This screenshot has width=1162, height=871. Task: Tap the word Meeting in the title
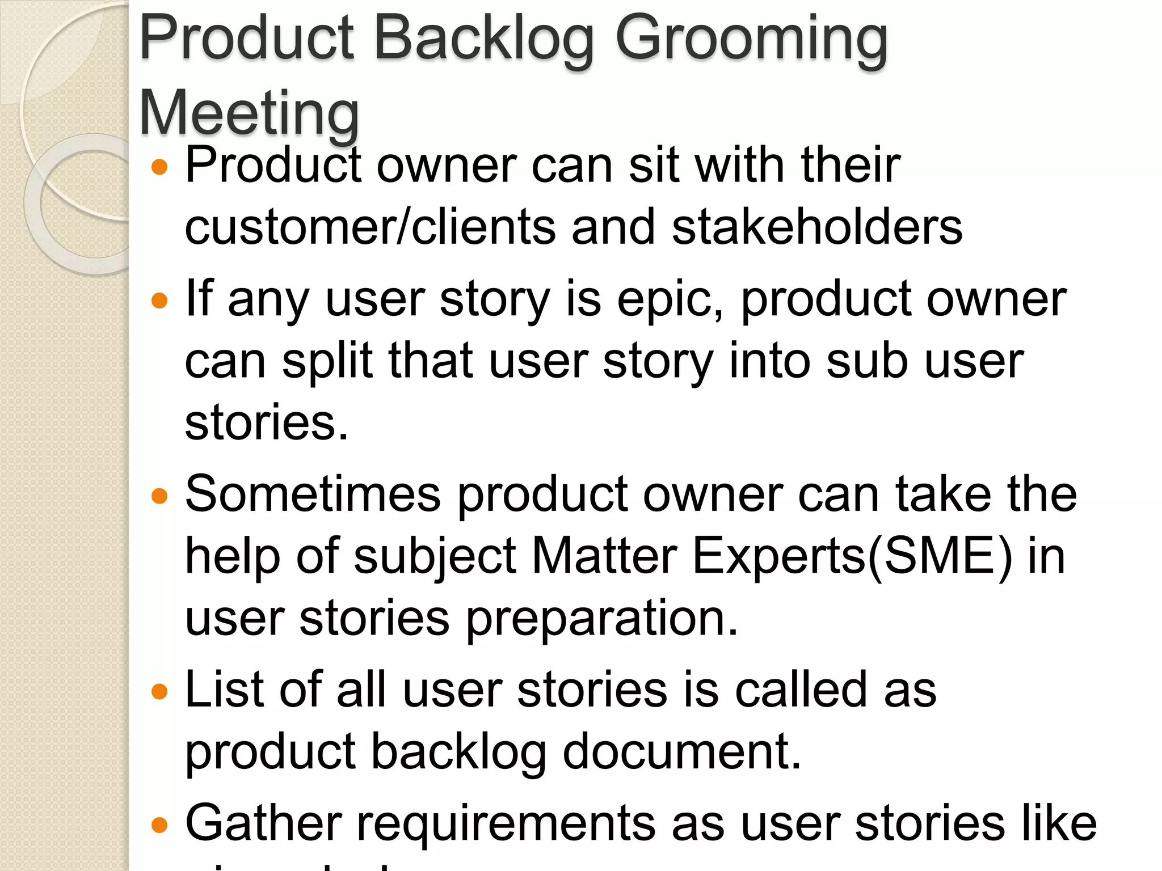[249, 113]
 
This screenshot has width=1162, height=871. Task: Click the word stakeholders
[817, 227]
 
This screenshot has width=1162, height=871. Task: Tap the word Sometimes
[313, 494]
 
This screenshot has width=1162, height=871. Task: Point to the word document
[681, 751]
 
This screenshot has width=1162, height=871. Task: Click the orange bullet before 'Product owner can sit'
[160, 167]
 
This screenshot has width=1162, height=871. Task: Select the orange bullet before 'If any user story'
[160, 301]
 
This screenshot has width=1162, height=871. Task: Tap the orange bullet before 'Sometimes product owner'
[160, 496]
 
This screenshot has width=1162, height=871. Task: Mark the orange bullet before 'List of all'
[160, 692]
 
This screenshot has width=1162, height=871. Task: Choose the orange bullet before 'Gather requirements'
[160, 825]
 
